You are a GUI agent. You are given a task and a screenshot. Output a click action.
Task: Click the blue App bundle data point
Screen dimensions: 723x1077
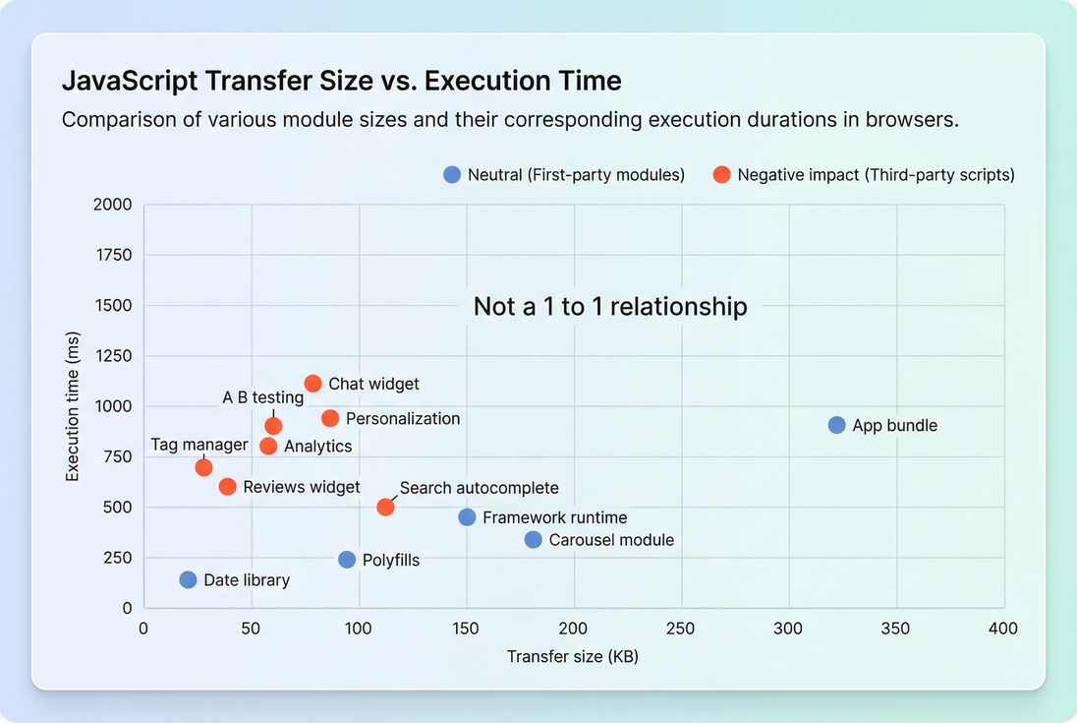[836, 425]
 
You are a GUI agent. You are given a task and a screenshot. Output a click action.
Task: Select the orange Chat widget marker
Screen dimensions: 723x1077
[312, 384]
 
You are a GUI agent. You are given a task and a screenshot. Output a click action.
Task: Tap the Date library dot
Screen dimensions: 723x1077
[188, 579]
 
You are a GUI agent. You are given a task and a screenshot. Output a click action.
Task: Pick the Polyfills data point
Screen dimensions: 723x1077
[347, 560]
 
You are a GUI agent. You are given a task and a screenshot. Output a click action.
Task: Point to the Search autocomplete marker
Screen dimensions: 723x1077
[385, 507]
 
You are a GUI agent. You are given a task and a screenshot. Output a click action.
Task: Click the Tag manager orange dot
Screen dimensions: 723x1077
[203, 466]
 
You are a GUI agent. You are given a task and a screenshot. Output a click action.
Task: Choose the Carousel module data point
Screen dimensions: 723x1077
[533, 539]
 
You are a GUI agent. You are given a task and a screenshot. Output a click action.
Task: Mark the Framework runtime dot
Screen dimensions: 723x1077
[467, 517]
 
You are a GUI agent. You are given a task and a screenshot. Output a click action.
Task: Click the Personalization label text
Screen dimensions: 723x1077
[403, 418]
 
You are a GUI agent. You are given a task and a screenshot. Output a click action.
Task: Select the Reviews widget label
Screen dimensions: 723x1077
[302, 487]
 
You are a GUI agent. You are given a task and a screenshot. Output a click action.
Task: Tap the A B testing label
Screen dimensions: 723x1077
[262, 397]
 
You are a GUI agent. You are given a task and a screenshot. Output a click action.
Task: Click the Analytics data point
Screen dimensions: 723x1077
[268, 446]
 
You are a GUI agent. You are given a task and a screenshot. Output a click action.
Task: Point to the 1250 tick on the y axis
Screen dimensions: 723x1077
[112, 356]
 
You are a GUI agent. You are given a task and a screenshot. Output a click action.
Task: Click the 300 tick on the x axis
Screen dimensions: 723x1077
[788, 629]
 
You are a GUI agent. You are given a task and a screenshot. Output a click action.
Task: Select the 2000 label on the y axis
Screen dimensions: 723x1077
[112, 205]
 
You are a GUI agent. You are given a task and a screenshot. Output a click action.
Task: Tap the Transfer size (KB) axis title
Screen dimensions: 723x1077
[573, 656]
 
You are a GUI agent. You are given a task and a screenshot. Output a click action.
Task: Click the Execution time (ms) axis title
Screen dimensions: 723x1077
[73, 406]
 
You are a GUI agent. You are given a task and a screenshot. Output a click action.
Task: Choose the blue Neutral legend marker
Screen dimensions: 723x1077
[452, 174]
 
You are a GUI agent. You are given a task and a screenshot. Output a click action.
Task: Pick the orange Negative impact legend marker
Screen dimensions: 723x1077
[721, 174]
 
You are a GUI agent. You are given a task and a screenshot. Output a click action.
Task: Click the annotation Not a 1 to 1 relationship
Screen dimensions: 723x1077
[610, 306]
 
